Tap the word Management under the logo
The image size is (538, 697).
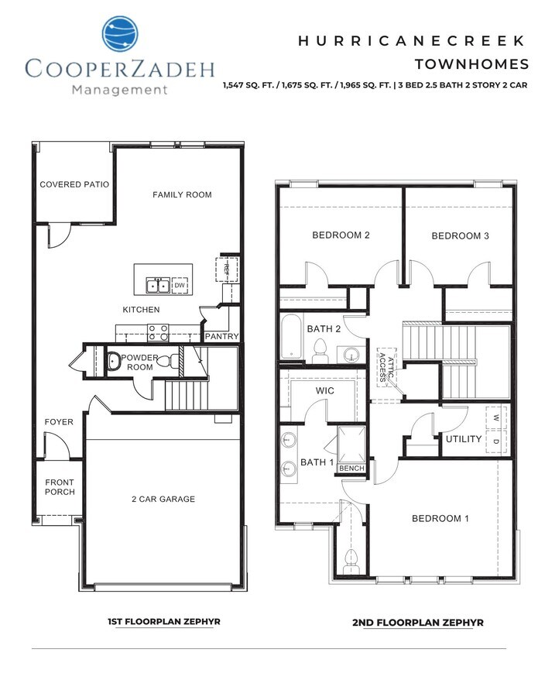(118, 89)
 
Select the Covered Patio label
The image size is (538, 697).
(74, 185)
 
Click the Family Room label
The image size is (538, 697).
(182, 194)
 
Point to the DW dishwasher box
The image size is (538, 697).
(180, 286)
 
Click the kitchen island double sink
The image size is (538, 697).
(158, 286)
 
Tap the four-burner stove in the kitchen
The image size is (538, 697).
(159, 332)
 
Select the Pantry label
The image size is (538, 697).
(221, 337)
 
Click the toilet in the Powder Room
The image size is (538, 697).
(113, 361)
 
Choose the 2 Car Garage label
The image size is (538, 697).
(163, 500)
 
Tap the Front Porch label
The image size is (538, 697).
(59, 488)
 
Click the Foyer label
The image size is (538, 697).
(59, 422)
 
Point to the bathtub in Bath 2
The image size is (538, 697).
(291, 337)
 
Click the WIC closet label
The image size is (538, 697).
(325, 391)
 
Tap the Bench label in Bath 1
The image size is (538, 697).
(351, 469)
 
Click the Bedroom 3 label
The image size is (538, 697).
(460, 236)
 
